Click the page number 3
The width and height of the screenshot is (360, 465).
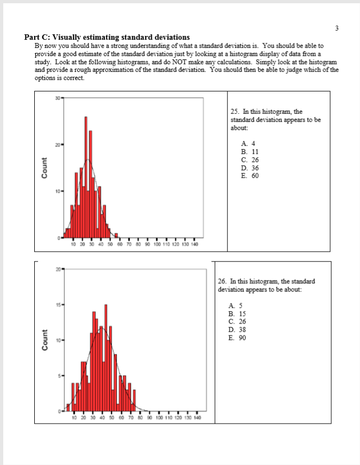(x=337, y=27)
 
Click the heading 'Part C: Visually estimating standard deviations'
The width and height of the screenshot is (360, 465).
(x=107, y=38)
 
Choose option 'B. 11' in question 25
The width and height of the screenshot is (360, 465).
(x=245, y=152)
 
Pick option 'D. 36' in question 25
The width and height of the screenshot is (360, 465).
(x=245, y=168)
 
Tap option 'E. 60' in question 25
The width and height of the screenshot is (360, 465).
(x=245, y=176)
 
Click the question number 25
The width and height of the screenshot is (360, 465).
(x=234, y=111)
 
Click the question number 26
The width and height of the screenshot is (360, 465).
(x=221, y=282)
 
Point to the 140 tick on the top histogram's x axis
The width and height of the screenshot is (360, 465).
(x=194, y=245)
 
